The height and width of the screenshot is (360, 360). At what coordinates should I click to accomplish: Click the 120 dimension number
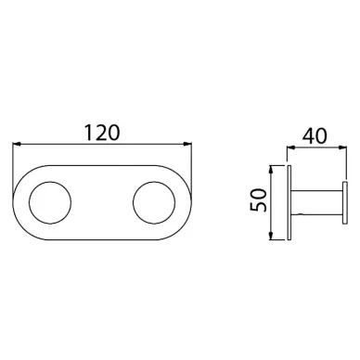coord(102,133)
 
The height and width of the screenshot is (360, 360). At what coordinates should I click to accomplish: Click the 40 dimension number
coord(315,135)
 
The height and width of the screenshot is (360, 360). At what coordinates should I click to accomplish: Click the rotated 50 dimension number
coord(258,200)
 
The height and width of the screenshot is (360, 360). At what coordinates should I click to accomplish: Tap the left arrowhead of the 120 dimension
coord(16,144)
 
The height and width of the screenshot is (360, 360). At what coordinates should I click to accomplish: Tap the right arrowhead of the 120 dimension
coord(187,144)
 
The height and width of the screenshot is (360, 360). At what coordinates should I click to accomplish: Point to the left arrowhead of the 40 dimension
coord(291,148)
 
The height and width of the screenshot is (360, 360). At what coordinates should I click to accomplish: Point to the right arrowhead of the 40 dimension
coord(341,148)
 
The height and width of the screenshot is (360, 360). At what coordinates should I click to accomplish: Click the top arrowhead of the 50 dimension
coord(271,170)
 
